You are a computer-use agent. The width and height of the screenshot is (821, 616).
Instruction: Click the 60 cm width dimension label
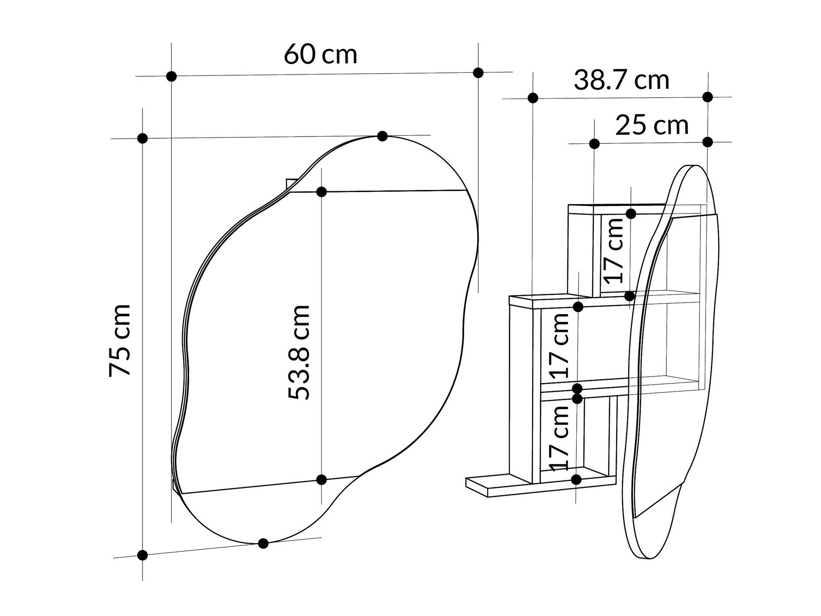click(320, 55)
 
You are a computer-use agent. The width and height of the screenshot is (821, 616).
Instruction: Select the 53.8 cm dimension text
click(299, 352)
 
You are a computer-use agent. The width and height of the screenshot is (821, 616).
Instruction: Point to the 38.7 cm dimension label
click(621, 80)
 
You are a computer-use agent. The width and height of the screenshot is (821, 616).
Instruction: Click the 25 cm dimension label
click(652, 125)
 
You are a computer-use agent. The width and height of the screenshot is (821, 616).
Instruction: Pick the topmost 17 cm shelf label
click(613, 250)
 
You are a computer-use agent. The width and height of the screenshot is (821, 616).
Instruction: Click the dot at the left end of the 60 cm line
click(171, 76)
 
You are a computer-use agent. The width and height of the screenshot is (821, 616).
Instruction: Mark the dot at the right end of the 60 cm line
click(478, 73)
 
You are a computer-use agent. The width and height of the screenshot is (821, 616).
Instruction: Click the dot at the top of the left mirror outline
click(382, 136)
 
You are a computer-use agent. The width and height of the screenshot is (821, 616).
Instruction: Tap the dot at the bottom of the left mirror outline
click(263, 543)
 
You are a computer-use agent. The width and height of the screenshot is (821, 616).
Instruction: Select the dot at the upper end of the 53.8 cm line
click(321, 192)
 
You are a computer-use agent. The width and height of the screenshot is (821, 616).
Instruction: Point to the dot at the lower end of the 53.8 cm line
click(321, 479)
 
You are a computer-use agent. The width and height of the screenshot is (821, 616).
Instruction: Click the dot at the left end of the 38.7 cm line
click(533, 98)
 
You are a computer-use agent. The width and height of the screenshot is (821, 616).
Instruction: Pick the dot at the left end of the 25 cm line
click(594, 144)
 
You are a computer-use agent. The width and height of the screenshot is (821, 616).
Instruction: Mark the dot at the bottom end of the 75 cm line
click(143, 555)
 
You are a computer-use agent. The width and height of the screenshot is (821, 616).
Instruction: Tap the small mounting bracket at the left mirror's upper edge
click(292, 184)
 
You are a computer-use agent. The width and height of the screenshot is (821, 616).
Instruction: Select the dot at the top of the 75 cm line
click(143, 138)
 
